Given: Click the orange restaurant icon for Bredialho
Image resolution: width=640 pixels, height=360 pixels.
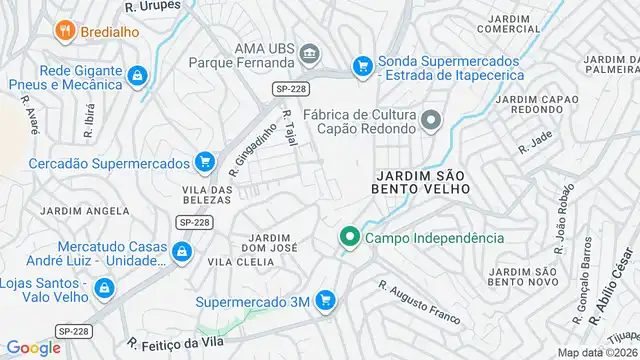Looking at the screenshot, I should (x=66, y=31).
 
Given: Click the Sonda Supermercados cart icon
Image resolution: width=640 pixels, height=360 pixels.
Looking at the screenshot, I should (x=361, y=66).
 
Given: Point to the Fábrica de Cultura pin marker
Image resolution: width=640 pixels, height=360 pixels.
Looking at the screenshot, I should (x=431, y=122).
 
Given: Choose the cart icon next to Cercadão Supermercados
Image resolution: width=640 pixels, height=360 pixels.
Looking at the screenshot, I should (x=205, y=161).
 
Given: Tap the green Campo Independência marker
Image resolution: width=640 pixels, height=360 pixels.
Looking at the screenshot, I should (x=349, y=238).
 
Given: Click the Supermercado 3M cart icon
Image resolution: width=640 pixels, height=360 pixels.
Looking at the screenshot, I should (x=324, y=299).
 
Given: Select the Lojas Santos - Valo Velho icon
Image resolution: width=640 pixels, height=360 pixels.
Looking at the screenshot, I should (x=104, y=290).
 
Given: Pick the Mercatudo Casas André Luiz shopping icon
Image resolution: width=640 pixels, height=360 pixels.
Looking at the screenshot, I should (x=181, y=252).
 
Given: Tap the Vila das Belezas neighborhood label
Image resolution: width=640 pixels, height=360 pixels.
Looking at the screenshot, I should (x=207, y=194).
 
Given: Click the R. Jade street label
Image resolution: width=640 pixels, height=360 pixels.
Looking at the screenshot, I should (x=535, y=143).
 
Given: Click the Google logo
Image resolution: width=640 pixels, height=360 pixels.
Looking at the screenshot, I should (x=33, y=347).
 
